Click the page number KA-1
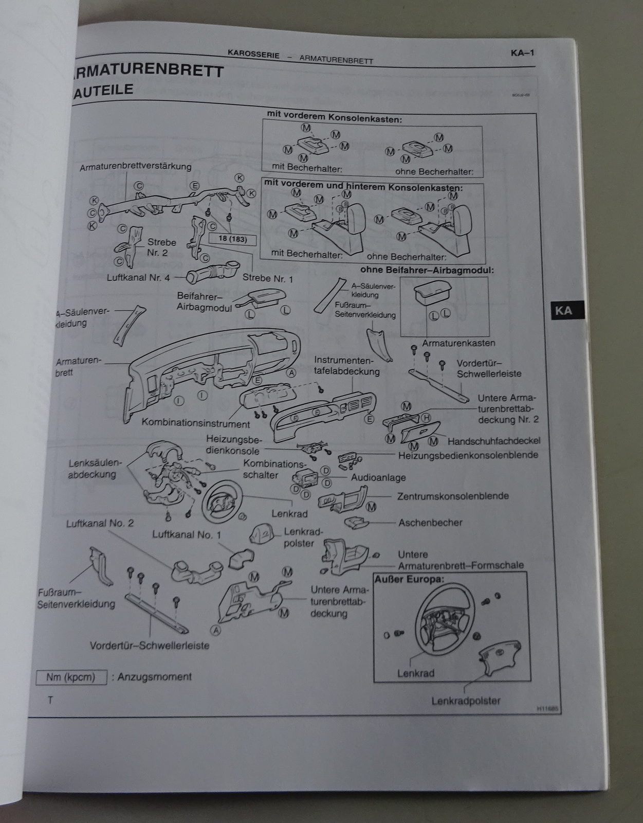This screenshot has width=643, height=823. (523, 52)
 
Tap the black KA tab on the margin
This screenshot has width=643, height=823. (563, 311)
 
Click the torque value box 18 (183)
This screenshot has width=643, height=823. (232, 239)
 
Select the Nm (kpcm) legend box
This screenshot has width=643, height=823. (71, 677)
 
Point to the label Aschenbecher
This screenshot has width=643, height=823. (430, 523)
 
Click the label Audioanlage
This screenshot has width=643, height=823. (378, 477)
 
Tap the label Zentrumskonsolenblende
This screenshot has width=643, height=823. (453, 496)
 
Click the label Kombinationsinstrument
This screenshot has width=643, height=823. (196, 424)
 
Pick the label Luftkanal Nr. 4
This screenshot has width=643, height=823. (138, 278)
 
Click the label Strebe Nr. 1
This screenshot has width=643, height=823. (268, 278)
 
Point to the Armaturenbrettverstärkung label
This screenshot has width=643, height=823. (136, 167)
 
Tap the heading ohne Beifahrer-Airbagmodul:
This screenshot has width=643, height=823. (427, 270)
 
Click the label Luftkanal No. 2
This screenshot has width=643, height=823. (100, 523)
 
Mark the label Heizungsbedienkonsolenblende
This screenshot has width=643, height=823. (468, 455)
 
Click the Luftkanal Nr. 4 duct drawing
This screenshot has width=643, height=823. (212, 271)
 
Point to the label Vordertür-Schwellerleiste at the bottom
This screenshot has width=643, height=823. (150, 646)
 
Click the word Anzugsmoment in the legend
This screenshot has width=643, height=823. (155, 677)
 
